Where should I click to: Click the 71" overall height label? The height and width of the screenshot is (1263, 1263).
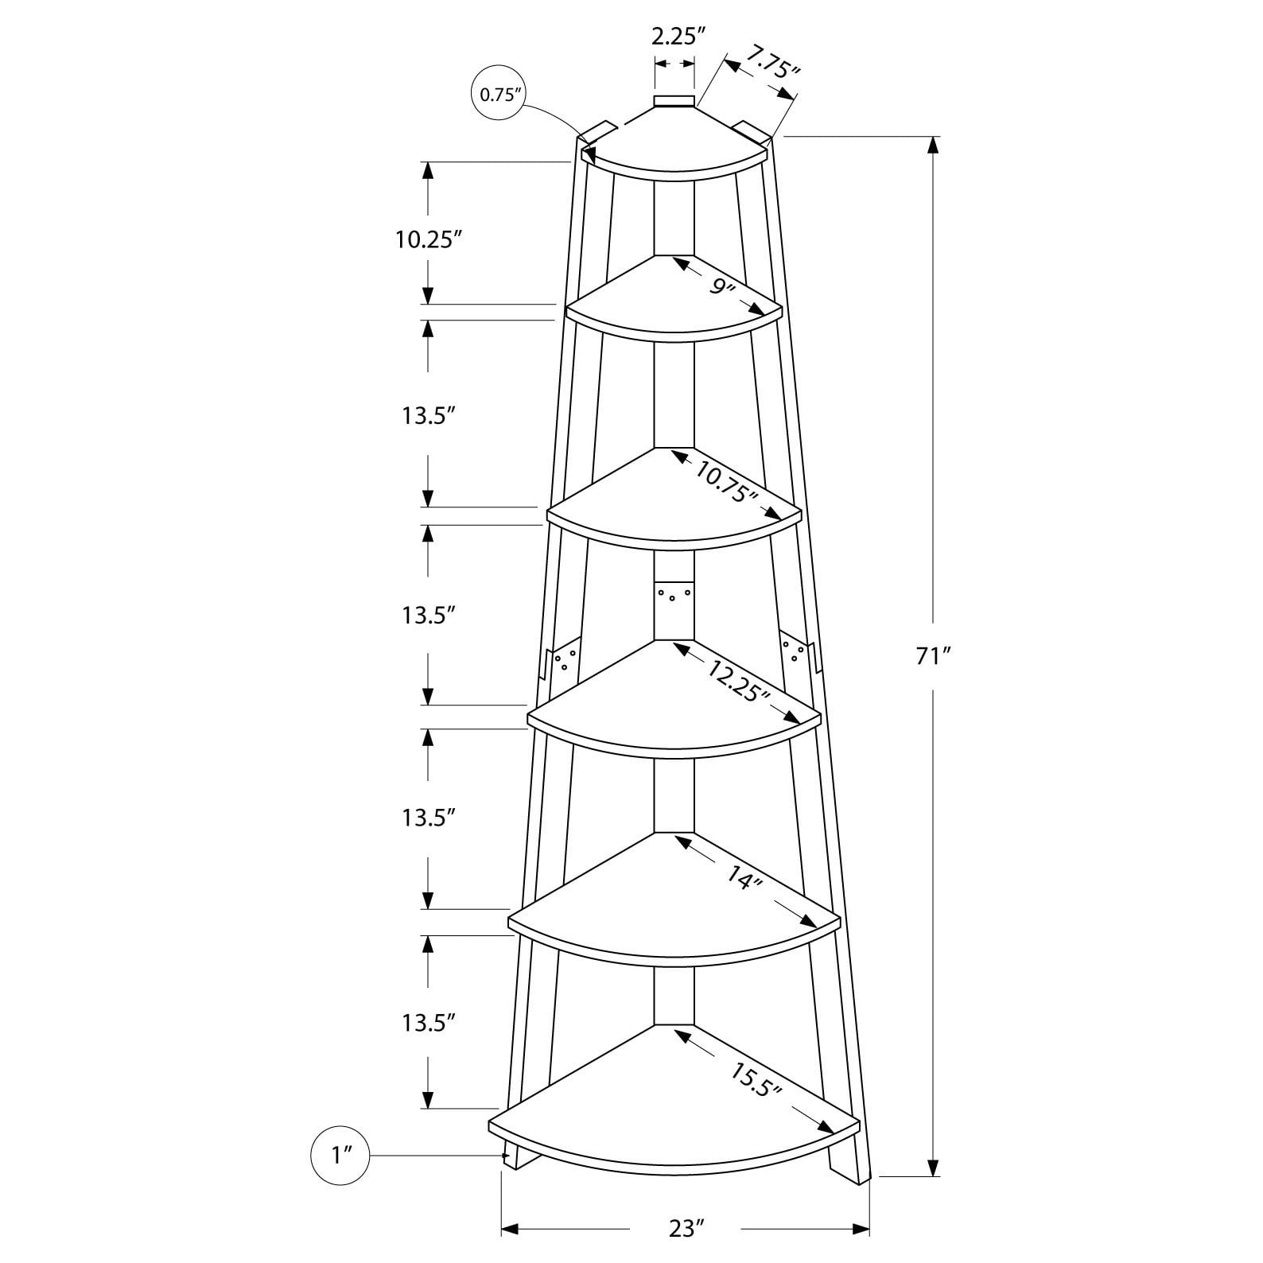coord(933,656)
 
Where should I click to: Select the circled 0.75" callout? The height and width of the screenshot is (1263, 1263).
coord(499,95)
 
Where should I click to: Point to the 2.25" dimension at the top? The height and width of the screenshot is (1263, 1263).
coord(678,36)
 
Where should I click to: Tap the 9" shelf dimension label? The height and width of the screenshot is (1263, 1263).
coord(722,286)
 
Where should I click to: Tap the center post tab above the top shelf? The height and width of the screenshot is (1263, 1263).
coord(674,101)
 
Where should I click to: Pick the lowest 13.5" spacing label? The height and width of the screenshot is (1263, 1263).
coord(428,1022)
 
